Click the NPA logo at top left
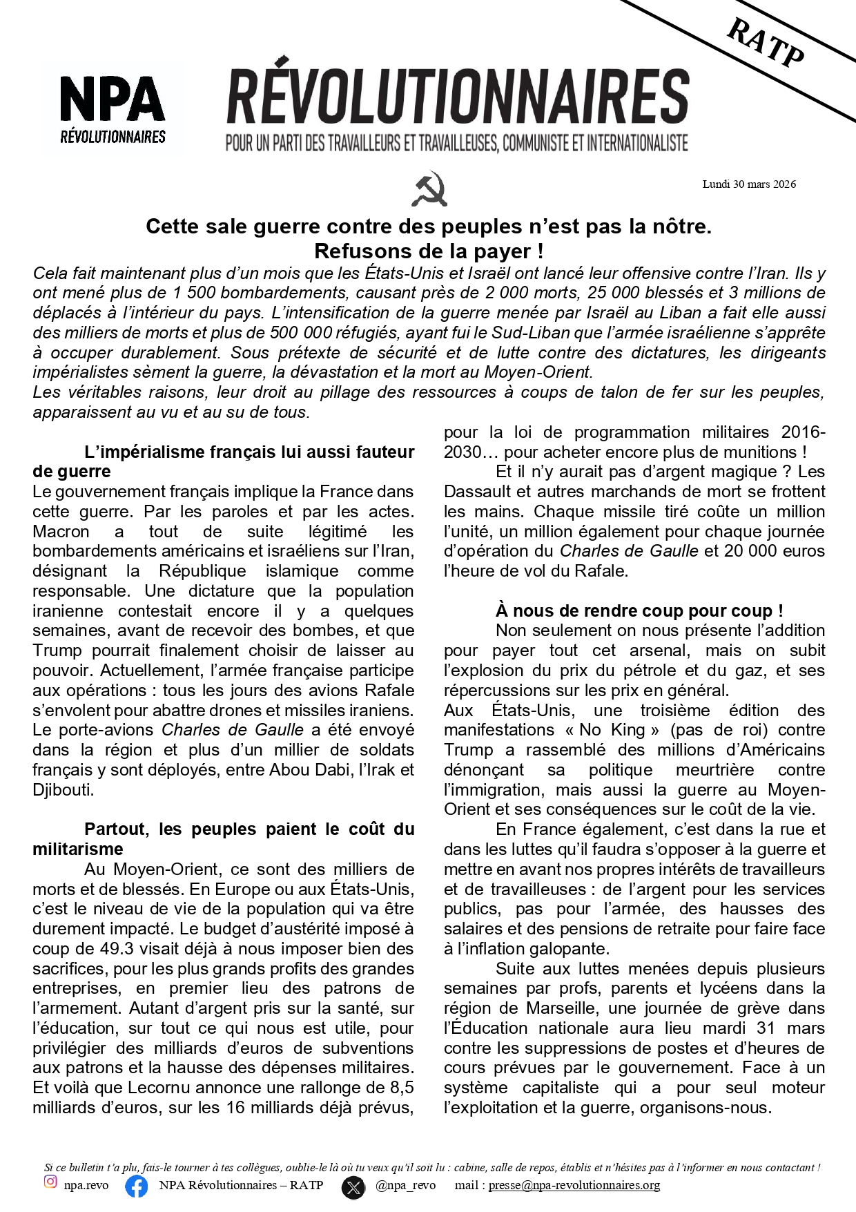click(113, 107)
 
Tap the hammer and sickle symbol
click(429, 189)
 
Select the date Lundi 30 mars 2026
click(749, 184)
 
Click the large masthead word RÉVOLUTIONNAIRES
click(458, 97)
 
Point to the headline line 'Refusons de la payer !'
click(429, 251)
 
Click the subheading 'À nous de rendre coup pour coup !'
click(639, 610)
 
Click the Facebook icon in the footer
click(137, 1186)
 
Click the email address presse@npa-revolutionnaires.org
click(574, 1185)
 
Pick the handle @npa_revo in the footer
click(405, 1185)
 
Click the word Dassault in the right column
click(477, 492)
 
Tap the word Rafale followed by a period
click(602, 571)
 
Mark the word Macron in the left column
click(61, 532)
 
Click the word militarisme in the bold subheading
click(78, 849)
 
